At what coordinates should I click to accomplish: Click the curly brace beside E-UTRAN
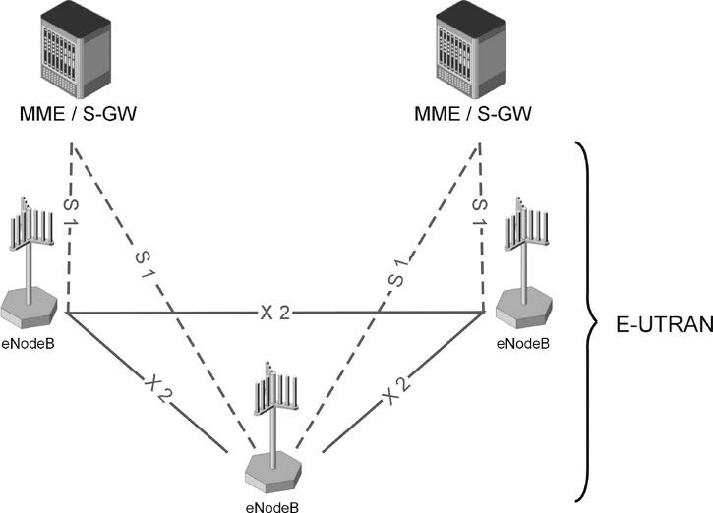[589, 319]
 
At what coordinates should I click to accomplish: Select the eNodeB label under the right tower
[522, 345]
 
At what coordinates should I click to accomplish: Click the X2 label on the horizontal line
[274, 313]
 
